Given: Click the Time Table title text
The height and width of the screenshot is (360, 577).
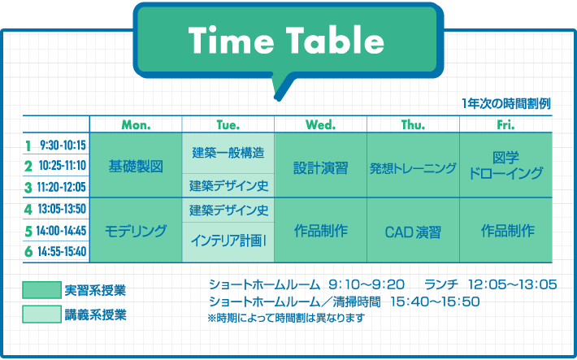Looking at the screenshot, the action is pyautogui.click(x=286, y=40).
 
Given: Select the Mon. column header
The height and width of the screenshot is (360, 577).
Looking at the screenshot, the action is pyautogui.click(x=137, y=125).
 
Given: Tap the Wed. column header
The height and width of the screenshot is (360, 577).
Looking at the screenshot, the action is pyautogui.click(x=320, y=125).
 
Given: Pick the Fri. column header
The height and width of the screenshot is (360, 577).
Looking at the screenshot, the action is pyautogui.click(x=505, y=125).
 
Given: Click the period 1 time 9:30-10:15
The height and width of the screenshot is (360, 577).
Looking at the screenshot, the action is pyautogui.click(x=63, y=145).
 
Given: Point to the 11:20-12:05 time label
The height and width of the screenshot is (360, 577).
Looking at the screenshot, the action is pyautogui.click(x=62, y=187).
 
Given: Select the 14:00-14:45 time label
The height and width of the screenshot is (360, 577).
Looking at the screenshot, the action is pyautogui.click(x=62, y=231).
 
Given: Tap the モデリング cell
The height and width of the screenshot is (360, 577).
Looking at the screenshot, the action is pyautogui.click(x=136, y=231).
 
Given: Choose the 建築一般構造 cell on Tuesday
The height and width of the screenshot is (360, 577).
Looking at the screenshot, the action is pyautogui.click(x=228, y=153).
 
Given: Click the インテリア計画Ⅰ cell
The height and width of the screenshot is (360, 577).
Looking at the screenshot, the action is pyautogui.click(x=228, y=242).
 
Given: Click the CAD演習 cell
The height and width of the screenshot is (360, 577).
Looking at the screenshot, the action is pyautogui.click(x=413, y=231).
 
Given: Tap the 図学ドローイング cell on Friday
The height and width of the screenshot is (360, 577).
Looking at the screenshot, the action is pyautogui.click(x=506, y=165).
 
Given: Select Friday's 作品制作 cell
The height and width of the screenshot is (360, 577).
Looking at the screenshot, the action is pyautogui.click(x=506, y=231).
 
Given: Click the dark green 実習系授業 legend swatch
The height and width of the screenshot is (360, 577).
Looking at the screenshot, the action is pyautogui.click(x=41, y=289).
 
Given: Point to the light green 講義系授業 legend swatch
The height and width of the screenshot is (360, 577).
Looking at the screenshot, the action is pyautogui.click(x=41, y=314).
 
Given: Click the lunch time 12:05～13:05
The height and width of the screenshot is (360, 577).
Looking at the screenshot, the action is pyautogui.click(x=512, y=284).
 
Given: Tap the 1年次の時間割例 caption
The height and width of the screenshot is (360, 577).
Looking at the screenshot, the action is pyautogui.click(x=506, y=104).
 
